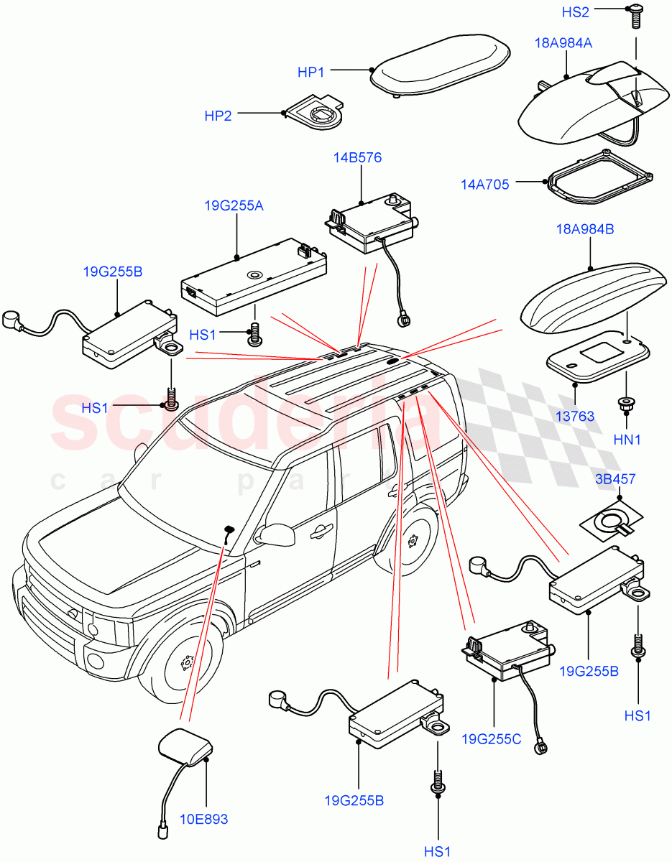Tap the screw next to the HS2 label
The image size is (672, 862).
click(635, 17)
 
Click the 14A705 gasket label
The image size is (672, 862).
click(485, 185)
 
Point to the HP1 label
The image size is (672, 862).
click(311, 73)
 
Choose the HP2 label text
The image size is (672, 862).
click(218, 116)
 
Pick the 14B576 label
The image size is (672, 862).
click(357, 157)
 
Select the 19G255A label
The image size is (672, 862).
click(234, 205)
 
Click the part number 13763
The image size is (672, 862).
click(576, 416)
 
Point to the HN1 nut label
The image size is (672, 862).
click(627, 439)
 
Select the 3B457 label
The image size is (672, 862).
click(615, 479)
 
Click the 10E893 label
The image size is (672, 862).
click(205, 818)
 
